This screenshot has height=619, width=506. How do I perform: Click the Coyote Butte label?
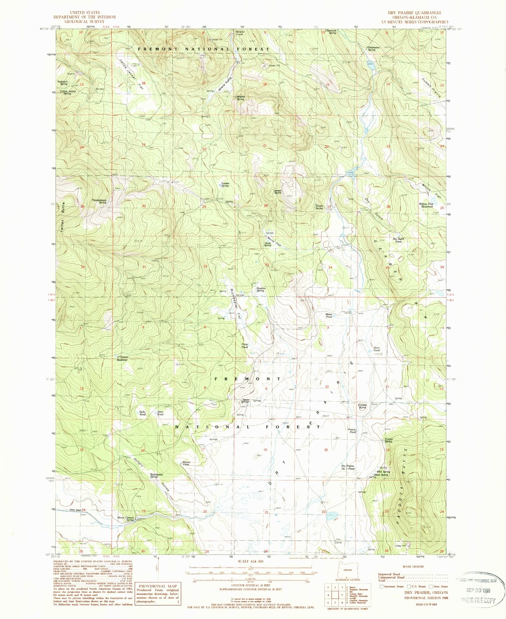(362, 406)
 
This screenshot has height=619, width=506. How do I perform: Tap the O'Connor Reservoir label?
(122, 358)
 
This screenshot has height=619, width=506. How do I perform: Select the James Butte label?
(277, 191)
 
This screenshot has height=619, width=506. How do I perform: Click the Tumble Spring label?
(225, 185)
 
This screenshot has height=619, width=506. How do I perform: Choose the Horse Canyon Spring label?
(126, 519)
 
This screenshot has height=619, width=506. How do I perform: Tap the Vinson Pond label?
(186, 463)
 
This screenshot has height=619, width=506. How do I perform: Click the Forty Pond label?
(244, 346)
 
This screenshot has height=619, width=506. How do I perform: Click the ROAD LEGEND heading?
(413, 567)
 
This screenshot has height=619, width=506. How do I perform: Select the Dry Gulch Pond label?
(398, 240)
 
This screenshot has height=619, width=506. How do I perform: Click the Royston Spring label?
(261, 289)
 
